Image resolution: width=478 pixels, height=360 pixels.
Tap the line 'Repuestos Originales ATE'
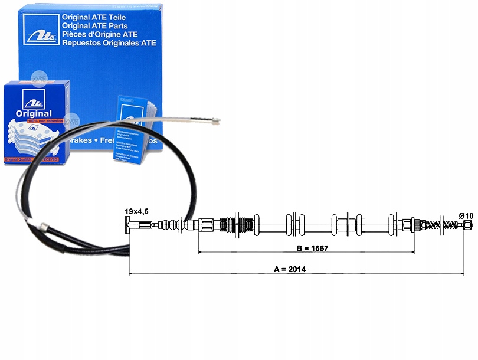click(x=109, y=42)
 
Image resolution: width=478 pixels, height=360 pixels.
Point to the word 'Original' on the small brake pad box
click(x=34, y=113)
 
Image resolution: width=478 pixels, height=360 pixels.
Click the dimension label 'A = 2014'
click(x=290, y=269)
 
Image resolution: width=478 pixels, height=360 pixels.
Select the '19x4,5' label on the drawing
click(x=136, y=211)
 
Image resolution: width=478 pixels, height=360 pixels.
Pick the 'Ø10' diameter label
click(x=466, y=216)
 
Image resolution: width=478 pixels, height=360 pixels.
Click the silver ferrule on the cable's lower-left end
click(x=44, y=226)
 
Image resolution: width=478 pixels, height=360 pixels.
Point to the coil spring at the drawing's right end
click(x=449, y=225)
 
